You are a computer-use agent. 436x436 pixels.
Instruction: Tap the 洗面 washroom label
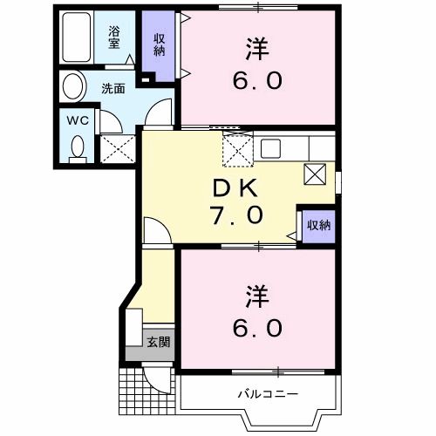(x=112, y=88)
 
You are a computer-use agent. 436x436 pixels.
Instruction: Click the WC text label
(x=77, y=119)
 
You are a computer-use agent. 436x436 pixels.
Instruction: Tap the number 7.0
(x=234, y=215)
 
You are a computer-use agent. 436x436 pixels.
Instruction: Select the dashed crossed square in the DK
(x=237, y=149)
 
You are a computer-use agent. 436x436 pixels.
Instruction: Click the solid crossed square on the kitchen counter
(x=315, y=174)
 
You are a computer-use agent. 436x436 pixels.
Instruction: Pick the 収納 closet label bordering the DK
(x=318, y=225)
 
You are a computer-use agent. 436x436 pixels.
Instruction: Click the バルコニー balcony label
(x=268, y=394)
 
